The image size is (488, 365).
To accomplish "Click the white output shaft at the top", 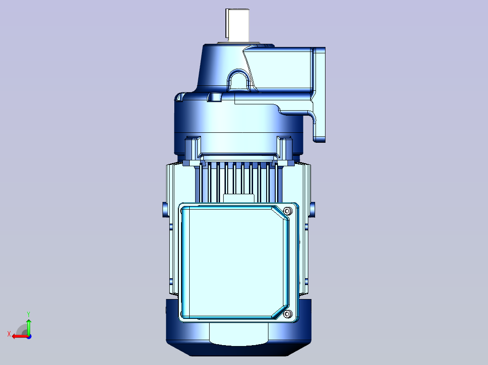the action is (238, 25).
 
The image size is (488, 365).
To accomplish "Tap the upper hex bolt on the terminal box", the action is (288, 211).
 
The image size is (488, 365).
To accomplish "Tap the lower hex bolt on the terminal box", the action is (288, 314).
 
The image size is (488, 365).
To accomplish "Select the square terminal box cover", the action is (235, 262).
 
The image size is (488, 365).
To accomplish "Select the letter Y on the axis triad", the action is (29, 314).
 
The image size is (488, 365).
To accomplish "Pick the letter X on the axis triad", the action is (9, 334).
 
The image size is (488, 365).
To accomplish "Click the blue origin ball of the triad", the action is (29, 337).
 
